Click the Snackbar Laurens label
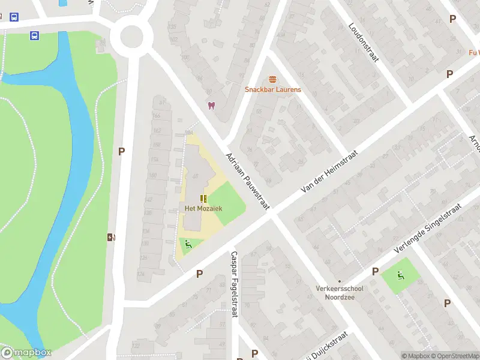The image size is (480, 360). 272,89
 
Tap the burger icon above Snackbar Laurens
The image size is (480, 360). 272,79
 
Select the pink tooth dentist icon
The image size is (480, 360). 211,106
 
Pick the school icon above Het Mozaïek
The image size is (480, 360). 203,198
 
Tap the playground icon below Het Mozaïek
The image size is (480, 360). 188,244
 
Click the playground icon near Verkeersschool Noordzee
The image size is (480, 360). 400,275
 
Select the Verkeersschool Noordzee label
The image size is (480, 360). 340,292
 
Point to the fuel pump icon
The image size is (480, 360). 110,237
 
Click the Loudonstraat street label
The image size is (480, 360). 364,42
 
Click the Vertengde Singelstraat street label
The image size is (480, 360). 427,229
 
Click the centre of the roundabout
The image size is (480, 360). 131,36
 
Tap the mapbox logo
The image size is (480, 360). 26,353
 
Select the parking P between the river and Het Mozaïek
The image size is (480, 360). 121,152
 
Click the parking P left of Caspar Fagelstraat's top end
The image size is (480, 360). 199,274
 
